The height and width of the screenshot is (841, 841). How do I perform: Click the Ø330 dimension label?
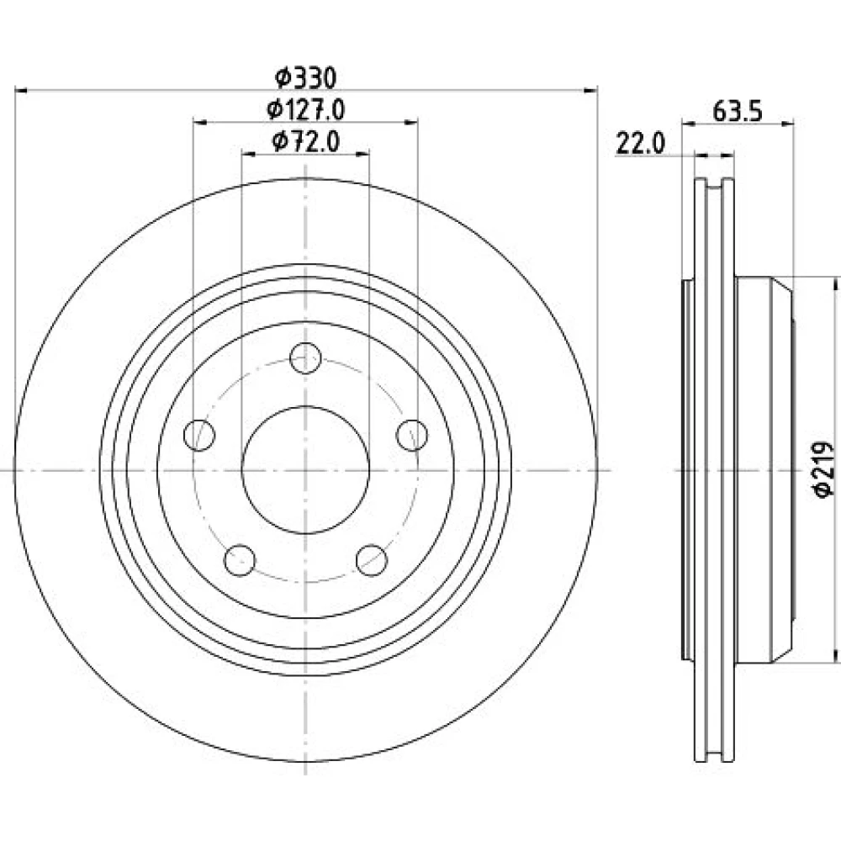(x=305, y=78)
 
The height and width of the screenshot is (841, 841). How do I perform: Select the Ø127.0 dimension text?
(x=305, y=110)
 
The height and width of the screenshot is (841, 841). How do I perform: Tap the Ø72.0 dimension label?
(x=306, y=141)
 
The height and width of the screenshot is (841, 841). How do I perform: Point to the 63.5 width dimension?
(x=738, y=112)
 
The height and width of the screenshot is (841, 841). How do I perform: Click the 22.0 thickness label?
(x=640, y=144)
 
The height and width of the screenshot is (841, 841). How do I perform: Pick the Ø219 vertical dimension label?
(x=824, y=469)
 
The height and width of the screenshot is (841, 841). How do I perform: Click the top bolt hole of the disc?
(x=306, y=357)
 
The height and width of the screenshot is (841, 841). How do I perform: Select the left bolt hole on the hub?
(x=199, y=435)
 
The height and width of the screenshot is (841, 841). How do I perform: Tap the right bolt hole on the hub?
(x=412, y=435)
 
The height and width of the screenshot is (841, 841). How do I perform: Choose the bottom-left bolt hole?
(x=240, y=560)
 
